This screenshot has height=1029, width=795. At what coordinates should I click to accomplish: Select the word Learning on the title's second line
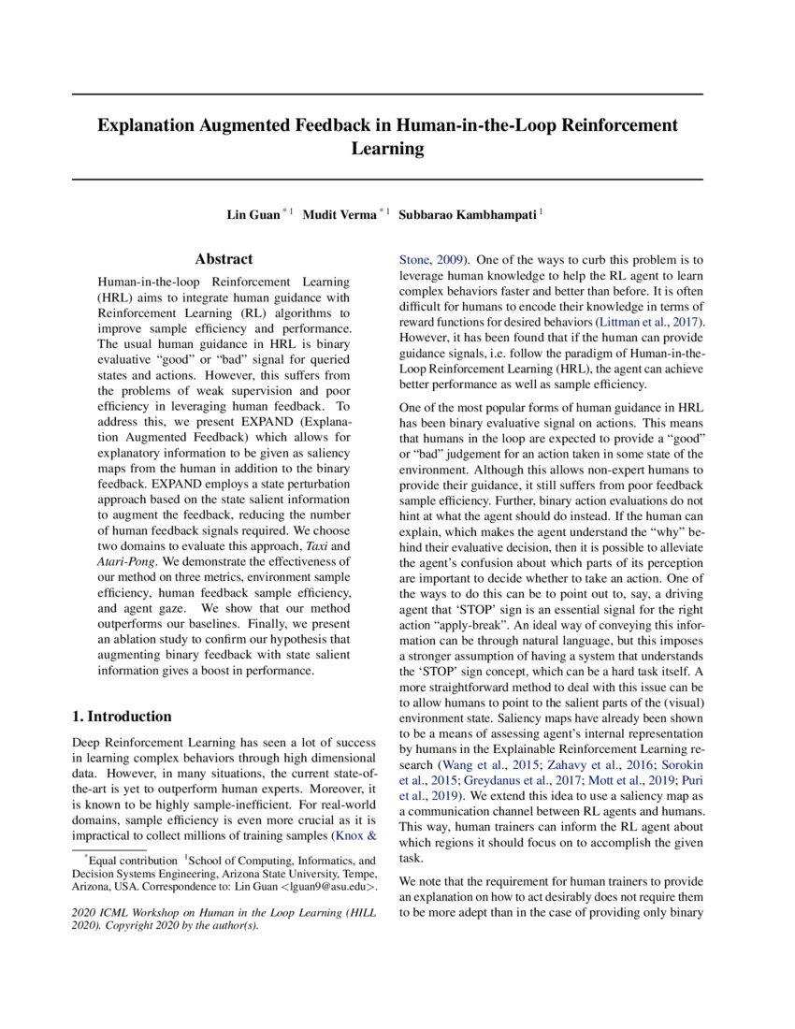[387, 149]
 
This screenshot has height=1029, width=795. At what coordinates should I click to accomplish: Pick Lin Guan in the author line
[253, 215]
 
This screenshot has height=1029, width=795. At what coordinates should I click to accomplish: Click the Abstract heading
[224, 259]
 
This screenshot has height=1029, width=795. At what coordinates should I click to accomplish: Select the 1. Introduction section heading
[122, 717]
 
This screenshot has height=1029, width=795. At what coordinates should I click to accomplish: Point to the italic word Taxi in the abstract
[340, 544]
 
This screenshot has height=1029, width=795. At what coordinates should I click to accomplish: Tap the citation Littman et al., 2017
[650, 322]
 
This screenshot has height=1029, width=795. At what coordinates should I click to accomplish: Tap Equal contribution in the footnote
[131, 860]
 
